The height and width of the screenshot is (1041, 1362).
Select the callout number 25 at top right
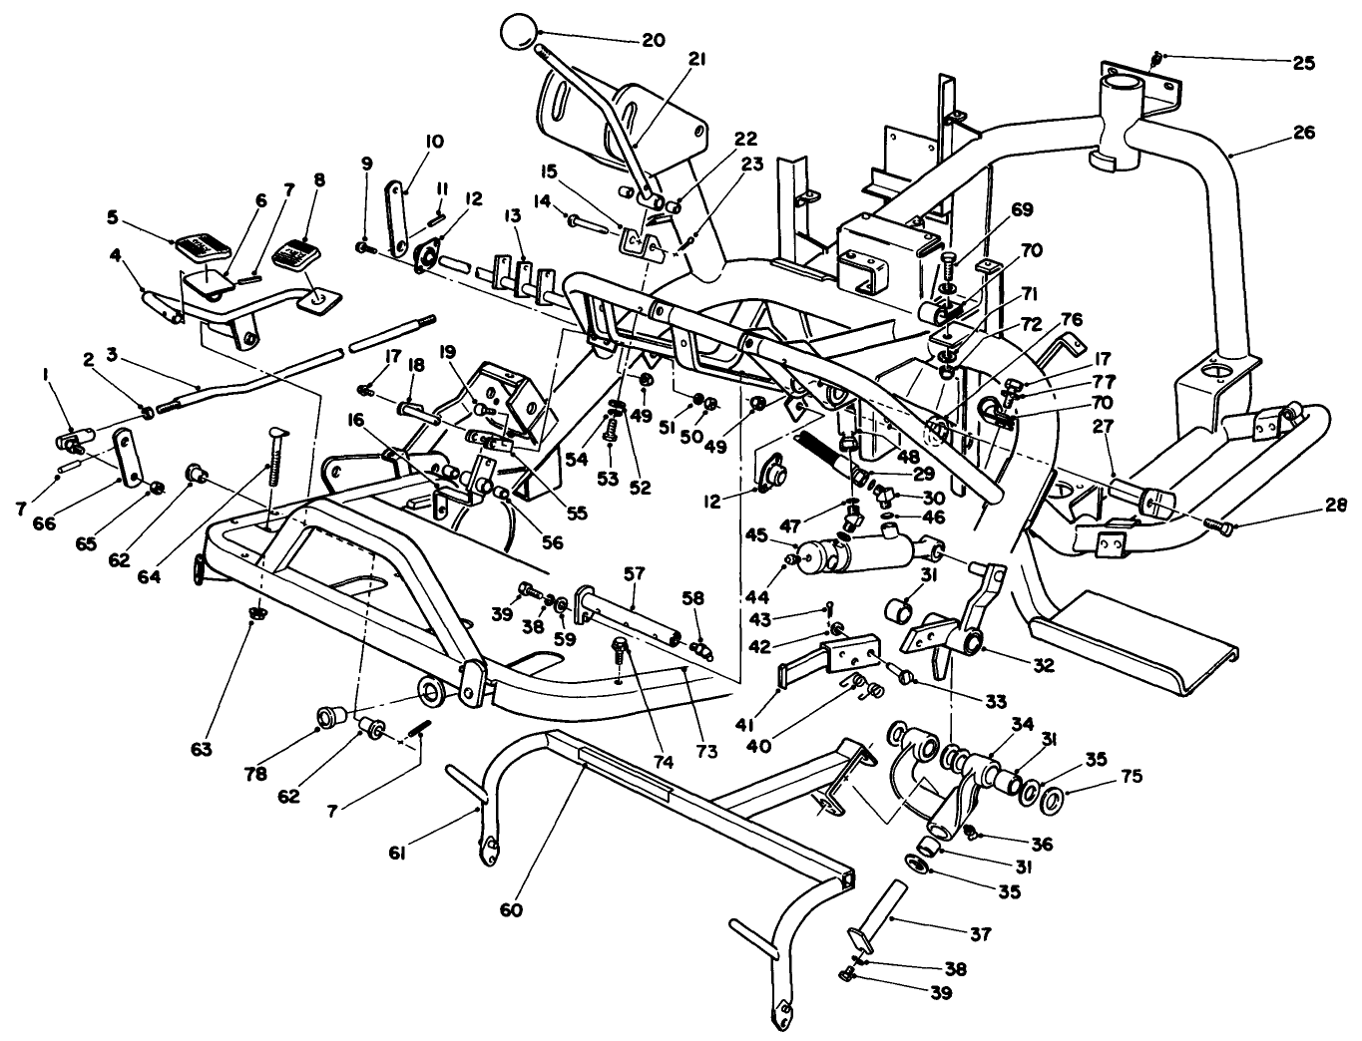click(1304, 63)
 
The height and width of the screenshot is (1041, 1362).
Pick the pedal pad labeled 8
click(291, 252)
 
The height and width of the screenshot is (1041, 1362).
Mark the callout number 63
click(203, 748)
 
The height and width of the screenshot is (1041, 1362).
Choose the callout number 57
click(636, 574)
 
